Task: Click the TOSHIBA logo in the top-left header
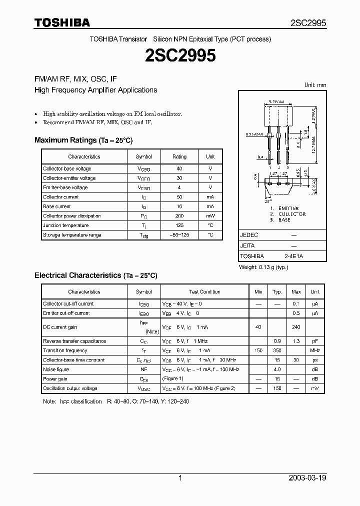[62, 22]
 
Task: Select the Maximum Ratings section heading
[83, 140]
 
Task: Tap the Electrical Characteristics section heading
[95, 275]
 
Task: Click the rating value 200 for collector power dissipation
[179, 216]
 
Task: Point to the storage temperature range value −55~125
[179, 235]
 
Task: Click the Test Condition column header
[204, 292]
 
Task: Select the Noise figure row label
[56, 369]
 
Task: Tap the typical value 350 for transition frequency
[277, 351]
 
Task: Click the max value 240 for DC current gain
[296, 327]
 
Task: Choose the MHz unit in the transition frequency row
[315, 351]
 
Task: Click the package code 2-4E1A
[293, 256]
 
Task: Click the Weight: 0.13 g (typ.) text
[263, 267]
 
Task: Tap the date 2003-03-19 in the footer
[307, 478]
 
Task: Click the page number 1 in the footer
[180, 478]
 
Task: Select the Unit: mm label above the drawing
[315, 85]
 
